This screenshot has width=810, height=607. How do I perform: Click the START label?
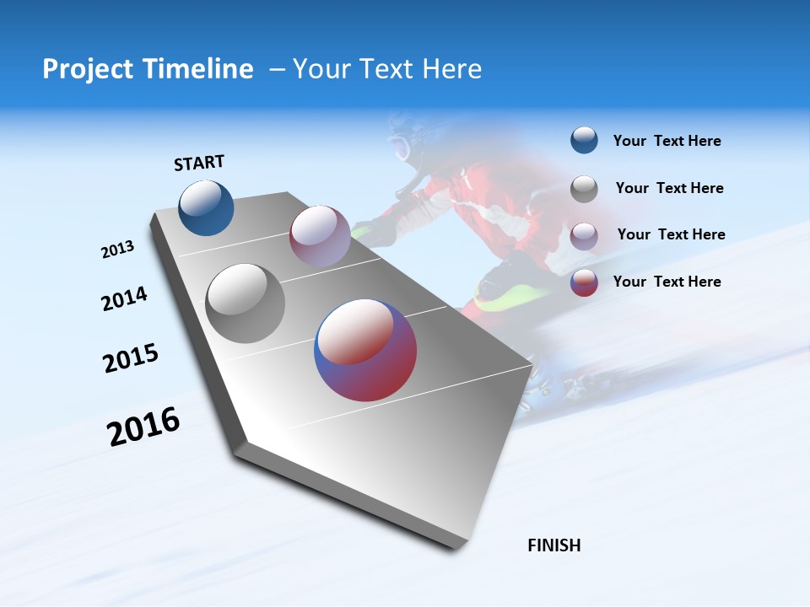coord(199,163)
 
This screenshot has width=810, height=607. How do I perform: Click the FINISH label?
coord(553,545)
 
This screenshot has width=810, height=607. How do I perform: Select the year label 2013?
coord(117,250)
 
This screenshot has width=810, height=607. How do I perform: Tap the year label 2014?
coord(124,298)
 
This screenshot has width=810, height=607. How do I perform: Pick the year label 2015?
coord(130,357)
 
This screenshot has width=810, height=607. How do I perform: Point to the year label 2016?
coord(143,427)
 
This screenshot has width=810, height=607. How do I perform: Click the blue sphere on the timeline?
coord(206,207)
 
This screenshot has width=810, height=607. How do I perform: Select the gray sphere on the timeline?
coord(245,303)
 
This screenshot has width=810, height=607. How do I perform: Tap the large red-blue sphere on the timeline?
coord(365,349)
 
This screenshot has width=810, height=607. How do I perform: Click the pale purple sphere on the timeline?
coord(320,235)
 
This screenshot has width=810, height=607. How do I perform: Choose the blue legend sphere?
coord(584,140)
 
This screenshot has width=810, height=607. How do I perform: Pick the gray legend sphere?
coord(584,189)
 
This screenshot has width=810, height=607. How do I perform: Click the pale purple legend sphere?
coord(584,236)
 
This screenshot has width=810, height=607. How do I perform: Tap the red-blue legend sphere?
coord(584,282)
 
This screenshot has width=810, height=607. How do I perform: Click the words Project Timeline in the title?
coord(148,69)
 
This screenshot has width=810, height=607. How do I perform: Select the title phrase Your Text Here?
coord(386,69)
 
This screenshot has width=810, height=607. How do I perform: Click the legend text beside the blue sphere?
coord(667,141)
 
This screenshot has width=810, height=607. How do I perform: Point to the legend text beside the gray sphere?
coord(669,188)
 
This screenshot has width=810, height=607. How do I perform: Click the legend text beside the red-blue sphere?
coord(667,282)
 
